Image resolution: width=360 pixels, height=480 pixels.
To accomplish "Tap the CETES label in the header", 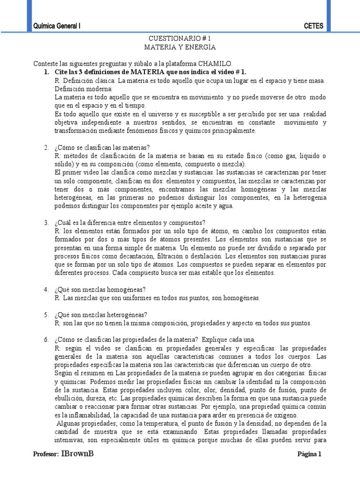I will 314,26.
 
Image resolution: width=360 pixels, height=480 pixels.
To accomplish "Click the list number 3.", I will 46,222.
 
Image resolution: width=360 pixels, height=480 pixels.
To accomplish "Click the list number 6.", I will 46,339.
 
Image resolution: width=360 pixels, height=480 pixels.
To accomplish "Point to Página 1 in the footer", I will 310,454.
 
